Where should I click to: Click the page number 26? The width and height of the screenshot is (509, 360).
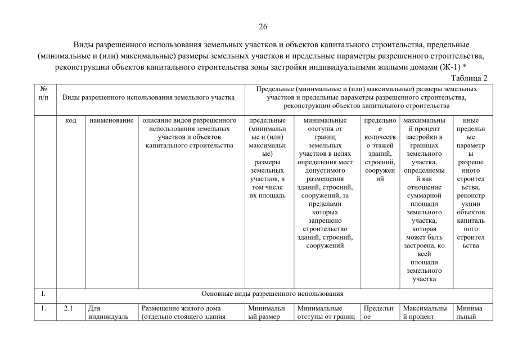263,26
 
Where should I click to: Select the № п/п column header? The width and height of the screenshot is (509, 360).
44,93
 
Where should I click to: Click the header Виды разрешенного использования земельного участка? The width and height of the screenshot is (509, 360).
148,97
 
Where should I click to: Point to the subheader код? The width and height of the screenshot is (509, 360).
71,120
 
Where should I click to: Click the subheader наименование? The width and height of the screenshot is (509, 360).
111,120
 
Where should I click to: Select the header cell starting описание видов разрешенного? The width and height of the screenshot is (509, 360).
189,133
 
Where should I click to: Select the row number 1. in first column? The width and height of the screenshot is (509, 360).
44,308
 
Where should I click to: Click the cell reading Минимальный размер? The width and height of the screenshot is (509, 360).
267,312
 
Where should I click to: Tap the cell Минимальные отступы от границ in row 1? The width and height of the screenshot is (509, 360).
327,312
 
